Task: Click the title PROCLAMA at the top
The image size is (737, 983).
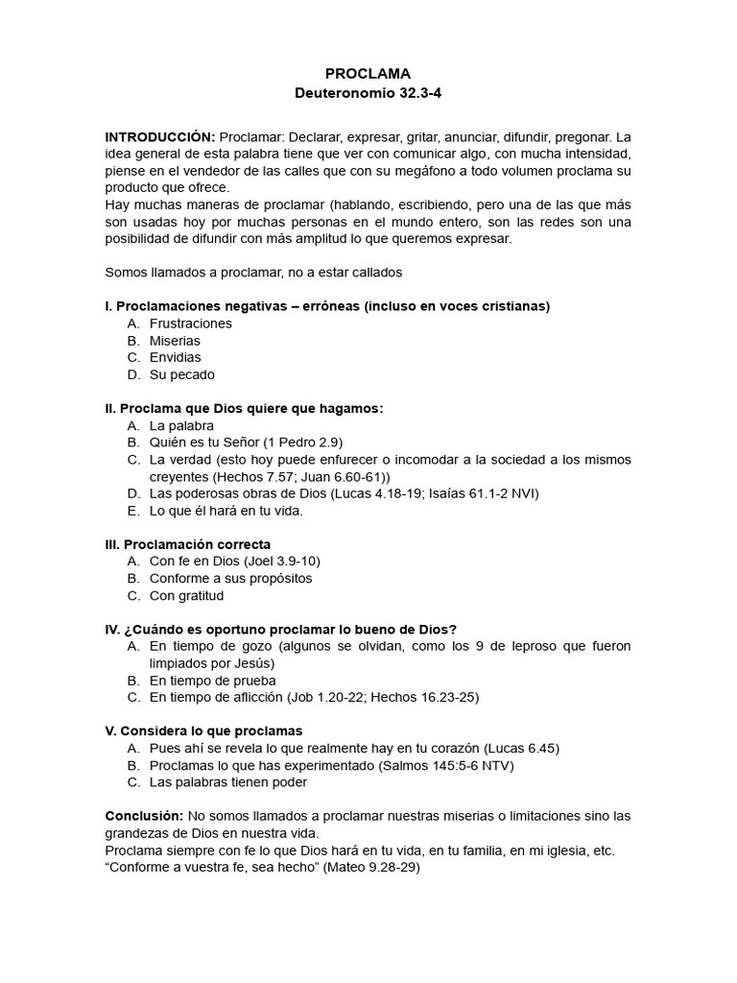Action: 368,74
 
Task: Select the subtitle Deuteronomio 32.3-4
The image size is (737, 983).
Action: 368,94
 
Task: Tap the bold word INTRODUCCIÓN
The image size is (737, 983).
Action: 159,136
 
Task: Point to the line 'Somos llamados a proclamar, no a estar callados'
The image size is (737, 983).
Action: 252,273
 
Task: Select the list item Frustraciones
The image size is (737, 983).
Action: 190,324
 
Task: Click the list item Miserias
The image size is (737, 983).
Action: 175,341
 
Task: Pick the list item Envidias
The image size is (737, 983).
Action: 176,358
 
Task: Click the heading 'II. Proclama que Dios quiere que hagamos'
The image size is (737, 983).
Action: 244,409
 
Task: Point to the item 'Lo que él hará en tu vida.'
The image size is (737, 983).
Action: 226,511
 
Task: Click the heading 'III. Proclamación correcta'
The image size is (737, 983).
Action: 187,544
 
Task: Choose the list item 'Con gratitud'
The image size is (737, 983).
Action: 186,595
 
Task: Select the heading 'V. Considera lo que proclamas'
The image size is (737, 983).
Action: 203,731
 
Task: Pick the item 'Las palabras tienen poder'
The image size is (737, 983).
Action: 228,782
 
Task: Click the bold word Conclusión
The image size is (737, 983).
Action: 143,816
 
